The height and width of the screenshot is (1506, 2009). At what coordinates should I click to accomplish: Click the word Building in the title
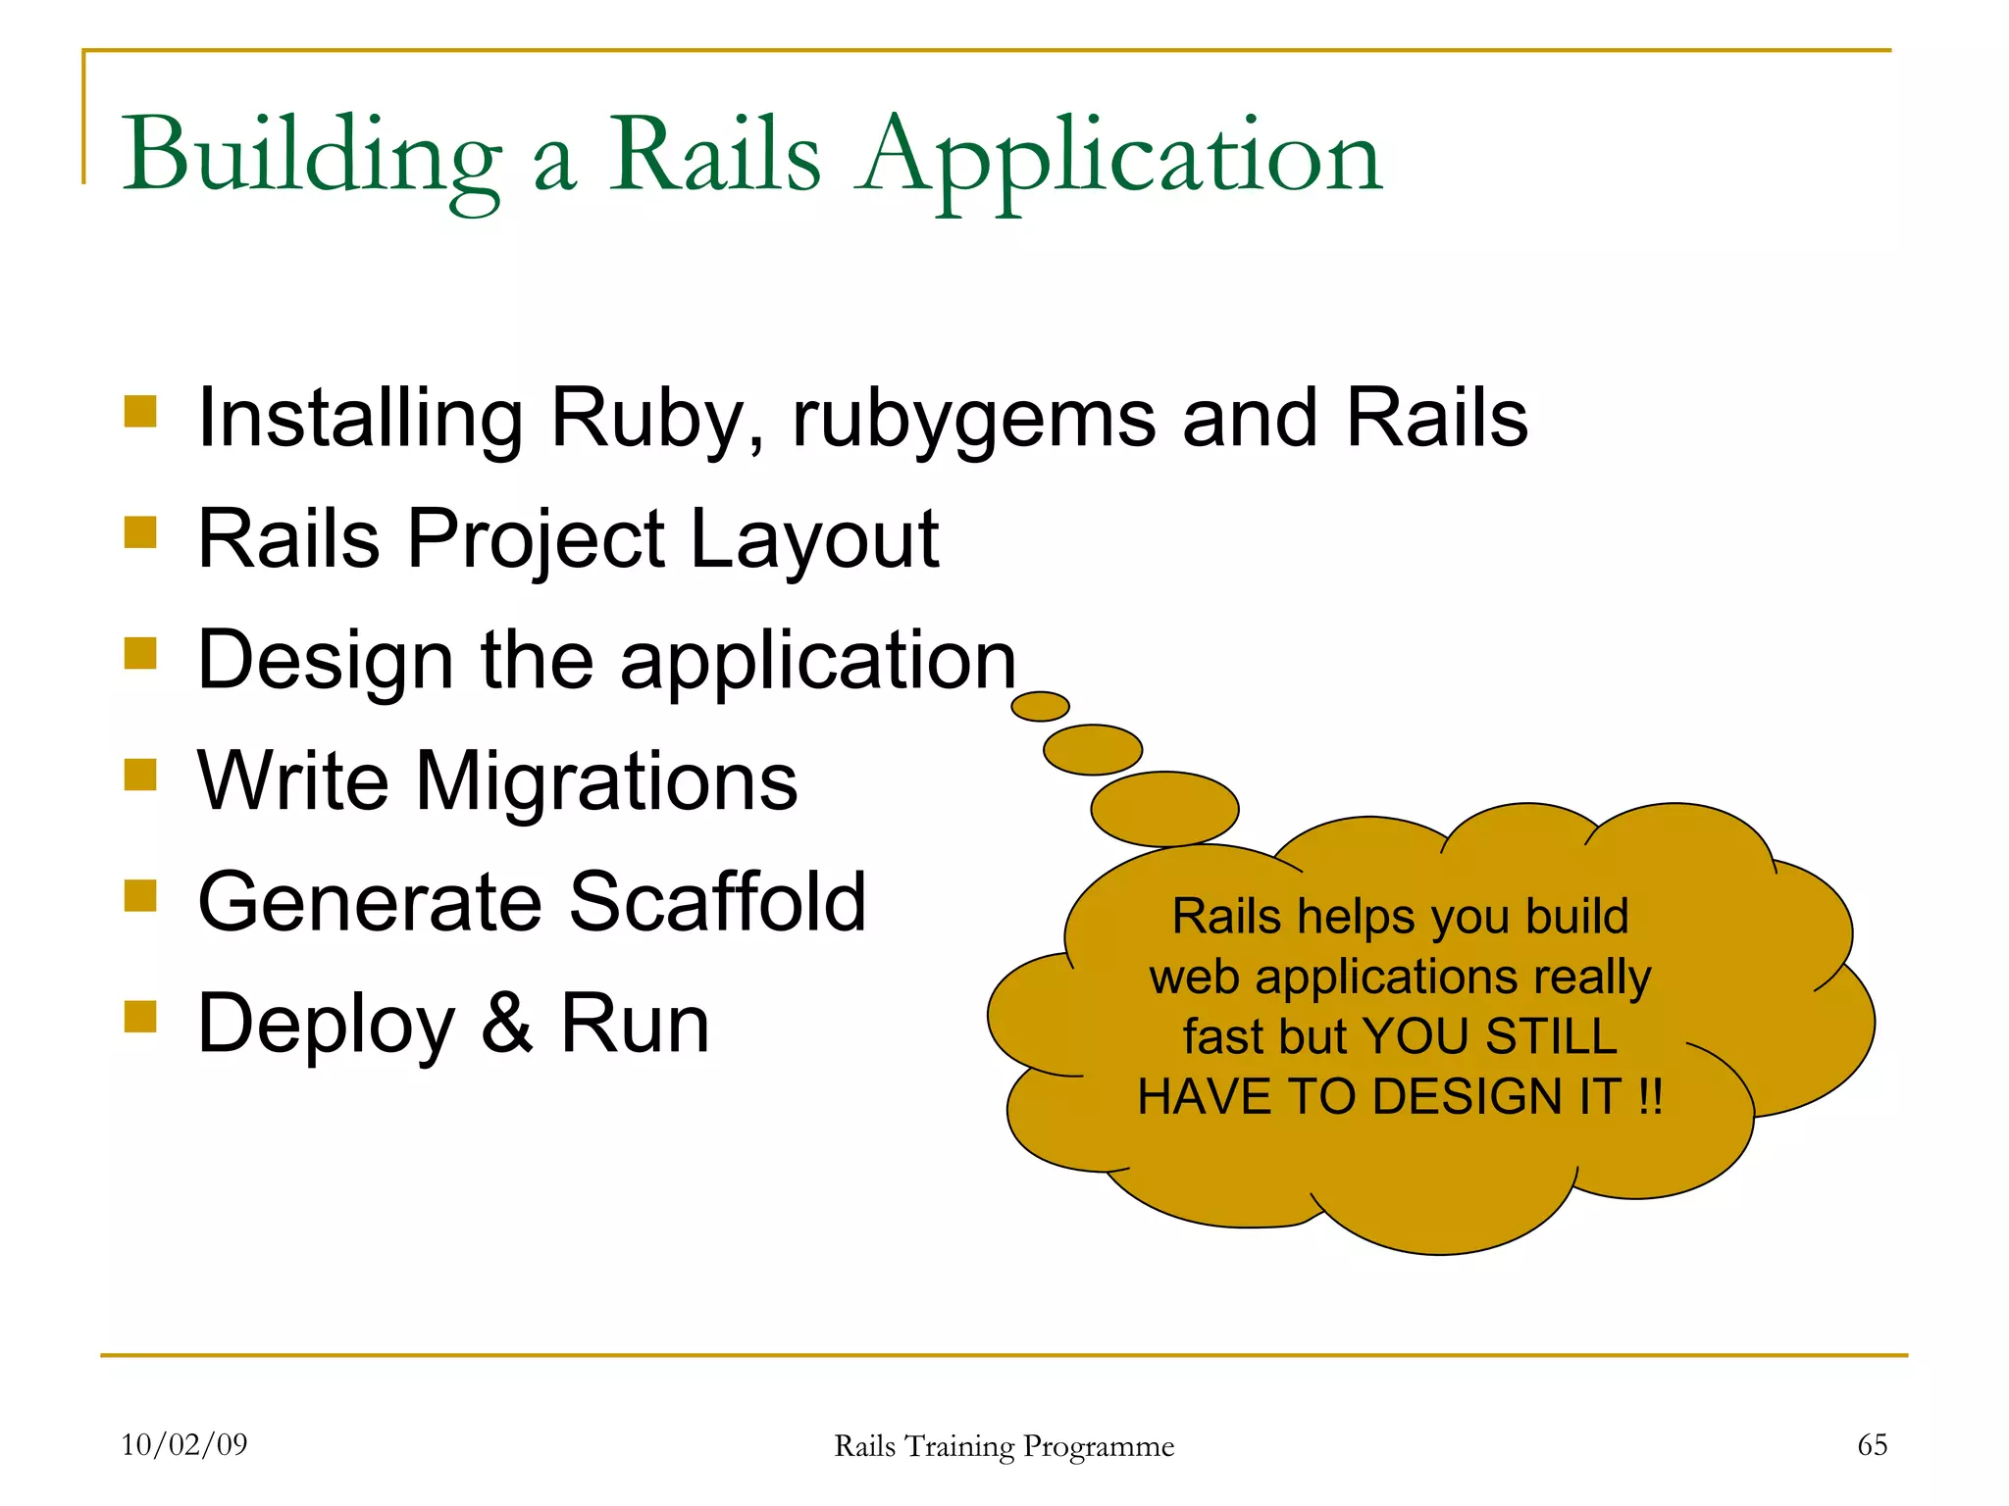[312, 157]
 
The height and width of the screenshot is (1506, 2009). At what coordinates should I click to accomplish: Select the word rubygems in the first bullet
[973, 419]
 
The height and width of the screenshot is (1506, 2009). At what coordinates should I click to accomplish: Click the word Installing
[360, 419]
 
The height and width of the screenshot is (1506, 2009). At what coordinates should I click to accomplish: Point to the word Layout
[814, 539]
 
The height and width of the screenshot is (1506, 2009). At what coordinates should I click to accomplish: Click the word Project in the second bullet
[536, 539]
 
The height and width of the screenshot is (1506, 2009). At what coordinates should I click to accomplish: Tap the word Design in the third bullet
[325, 660]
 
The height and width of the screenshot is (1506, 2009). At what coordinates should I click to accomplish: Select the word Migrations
[606, 781]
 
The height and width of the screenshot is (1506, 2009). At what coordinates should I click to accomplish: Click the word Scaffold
[718, 902]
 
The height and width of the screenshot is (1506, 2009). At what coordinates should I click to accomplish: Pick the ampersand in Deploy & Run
[507, 1024]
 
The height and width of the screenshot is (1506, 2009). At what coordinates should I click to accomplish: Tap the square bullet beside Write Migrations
[141, 775]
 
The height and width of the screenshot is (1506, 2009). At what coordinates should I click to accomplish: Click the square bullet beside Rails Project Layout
[141, 532]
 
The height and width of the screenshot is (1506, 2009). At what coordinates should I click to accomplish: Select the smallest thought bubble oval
[1040, 706]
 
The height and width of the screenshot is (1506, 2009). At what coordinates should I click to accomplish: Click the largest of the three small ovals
[1164, 809]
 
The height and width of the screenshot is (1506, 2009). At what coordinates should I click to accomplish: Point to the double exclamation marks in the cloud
[1650, 1096]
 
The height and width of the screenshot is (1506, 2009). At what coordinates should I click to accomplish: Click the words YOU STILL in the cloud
[1489, 1036]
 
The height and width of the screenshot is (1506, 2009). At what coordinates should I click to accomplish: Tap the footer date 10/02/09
[184, 1444]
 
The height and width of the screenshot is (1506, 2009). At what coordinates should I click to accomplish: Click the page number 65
[1872, 1444]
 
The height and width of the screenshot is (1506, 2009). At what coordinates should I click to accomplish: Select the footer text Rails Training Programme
[1004, 1446]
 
